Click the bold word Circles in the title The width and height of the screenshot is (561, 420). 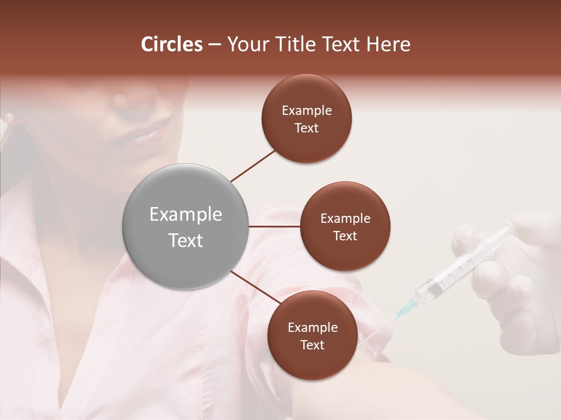point(172,44)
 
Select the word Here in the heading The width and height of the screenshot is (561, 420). point(388,44)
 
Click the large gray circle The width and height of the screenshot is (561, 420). point(185,226)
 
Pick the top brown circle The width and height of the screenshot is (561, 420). point(306,118)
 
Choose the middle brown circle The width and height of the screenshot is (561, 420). point(345,226)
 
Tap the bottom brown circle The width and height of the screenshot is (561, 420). point(312,335)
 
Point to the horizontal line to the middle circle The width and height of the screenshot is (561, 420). point(275,226)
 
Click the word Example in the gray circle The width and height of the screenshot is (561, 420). point(185,215)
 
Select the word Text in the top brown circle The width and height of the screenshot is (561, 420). point(306,128)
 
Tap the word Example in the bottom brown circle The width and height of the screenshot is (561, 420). point(312,327)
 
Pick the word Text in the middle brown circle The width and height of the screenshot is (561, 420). point(345,236)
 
